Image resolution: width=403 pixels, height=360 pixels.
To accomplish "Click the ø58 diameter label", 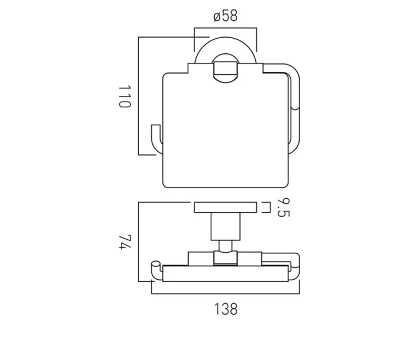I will tap(225, 16).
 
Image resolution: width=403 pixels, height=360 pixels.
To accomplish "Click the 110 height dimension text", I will tap(125, 97).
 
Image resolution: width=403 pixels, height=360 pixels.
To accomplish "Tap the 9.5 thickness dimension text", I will tap(282, 208).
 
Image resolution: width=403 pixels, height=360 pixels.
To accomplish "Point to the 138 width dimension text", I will tap(225, 308).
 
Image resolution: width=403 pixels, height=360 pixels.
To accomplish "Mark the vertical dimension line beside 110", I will tap(138, 95).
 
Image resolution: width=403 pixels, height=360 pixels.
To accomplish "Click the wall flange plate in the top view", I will tap(225, 208).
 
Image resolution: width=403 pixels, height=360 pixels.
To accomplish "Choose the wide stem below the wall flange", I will tap(225, 226).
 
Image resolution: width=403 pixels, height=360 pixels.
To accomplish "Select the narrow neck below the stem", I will tap(225, 245).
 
